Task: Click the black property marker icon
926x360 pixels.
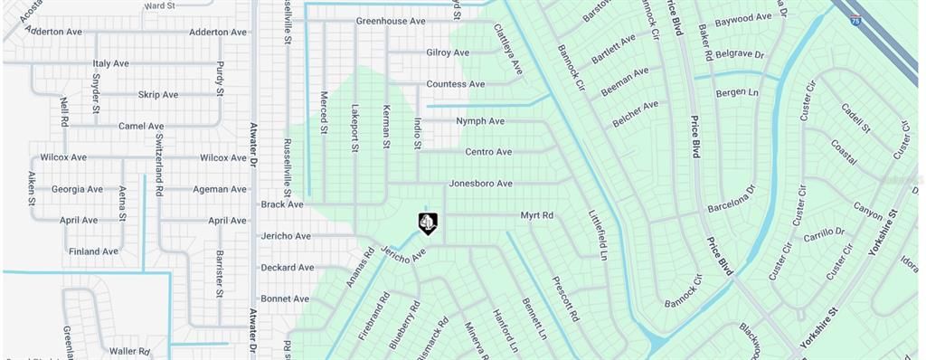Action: (x=428, y=223)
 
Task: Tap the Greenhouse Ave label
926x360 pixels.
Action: (x=390, y=20)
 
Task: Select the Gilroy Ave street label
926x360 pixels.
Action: (x=448, y=52)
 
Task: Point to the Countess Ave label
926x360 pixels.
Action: (x=456, y=84)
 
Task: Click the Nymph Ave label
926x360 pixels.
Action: (x=480, y=120)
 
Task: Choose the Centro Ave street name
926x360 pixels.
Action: (x=488, y=152)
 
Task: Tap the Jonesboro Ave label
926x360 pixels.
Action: (x=480, y=184)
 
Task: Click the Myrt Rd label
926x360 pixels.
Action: (x=536, y=215)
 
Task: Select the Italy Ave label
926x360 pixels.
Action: (x=111, y=63)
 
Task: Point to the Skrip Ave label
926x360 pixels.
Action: (x=158, y=94)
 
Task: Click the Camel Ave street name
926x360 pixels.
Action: (x=141, y=126)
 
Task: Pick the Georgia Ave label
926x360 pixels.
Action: (x=77, y=189)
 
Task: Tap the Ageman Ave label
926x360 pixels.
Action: (x=220, y=189)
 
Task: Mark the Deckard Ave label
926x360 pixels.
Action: (x=287, y=268)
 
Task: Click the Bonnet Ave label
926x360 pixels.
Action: (x=285, y=298)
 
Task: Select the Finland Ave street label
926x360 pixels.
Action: (x=93, y=251)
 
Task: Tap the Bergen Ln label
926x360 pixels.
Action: (x=737, y=92)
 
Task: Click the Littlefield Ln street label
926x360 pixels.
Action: (x=598, y=235)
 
